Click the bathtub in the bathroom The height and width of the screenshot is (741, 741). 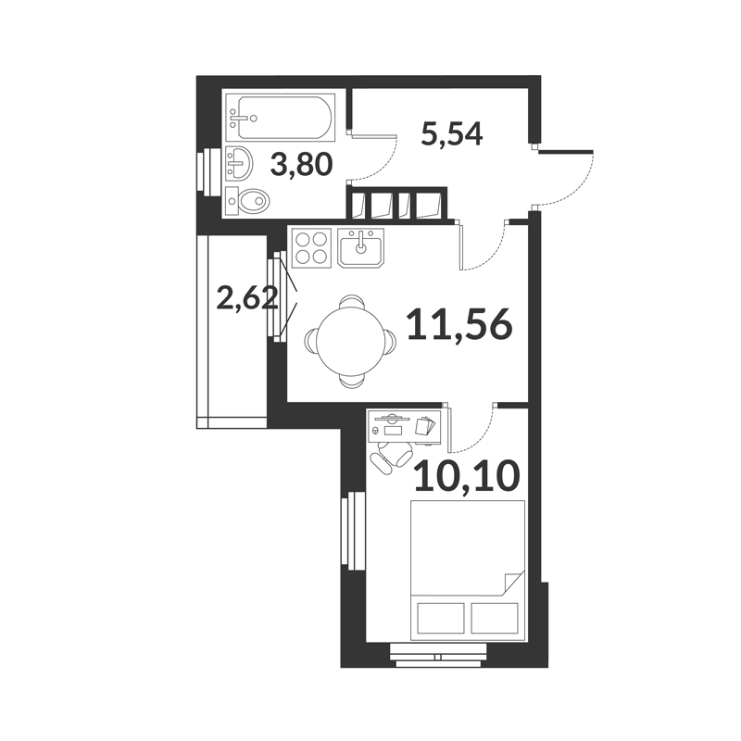coord(281,117)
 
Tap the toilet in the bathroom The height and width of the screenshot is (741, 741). coord(247,201)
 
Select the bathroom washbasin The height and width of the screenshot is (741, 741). coord(239,164)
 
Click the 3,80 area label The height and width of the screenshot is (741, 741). coord(302,166)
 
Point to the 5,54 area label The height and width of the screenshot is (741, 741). coord(451,133)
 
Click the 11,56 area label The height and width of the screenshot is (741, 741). coord(459,324)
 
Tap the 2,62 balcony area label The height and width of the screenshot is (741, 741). coord(246,298)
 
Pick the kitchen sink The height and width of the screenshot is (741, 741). coord(360,247)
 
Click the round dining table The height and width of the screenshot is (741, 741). coord(351,341)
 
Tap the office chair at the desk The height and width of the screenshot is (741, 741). coord(391,456)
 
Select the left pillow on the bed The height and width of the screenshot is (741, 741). coord(441,618)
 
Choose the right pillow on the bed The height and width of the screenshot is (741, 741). coord(495,618)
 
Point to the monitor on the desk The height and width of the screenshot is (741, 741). coord(391,418)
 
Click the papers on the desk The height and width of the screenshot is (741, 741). coord(425,425)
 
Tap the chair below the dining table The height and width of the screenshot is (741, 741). coord(351,382)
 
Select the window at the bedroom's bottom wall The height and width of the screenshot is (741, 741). coord(438,657)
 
